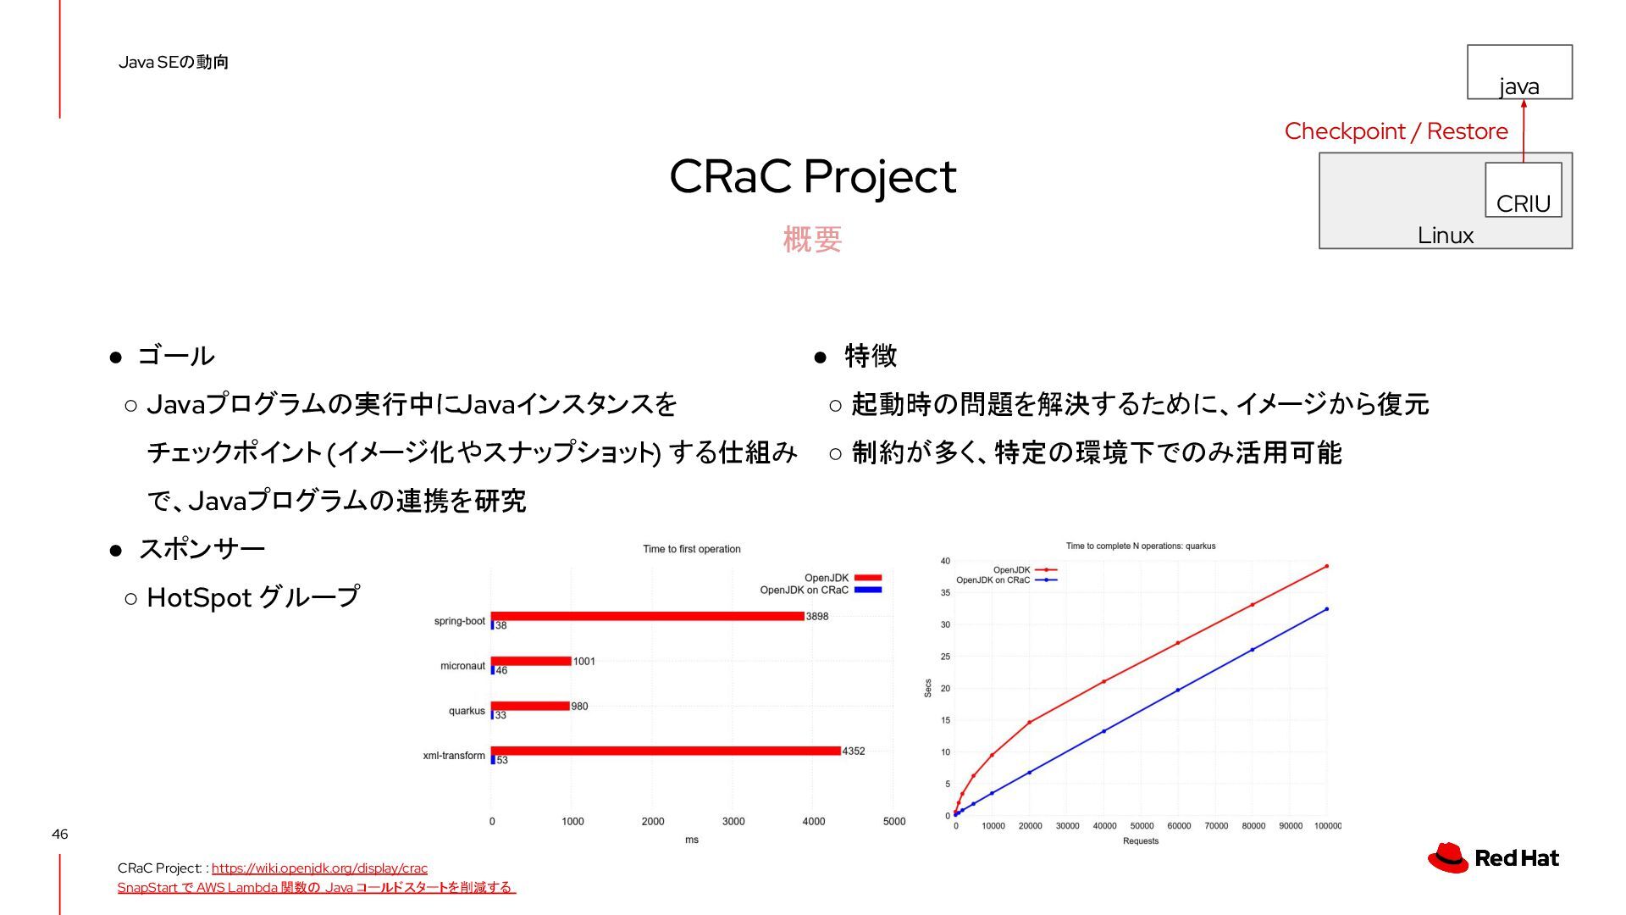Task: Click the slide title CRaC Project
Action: pyautogui.click(x=813, y=177)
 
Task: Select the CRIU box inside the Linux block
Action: pyautogui.click(x=1524, y=190)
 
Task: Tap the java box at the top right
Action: pyautogui.click(x=1520, y=72)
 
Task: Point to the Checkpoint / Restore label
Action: pyautogui.click(x=1396, y=131)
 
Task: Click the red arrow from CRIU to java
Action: pyautogui.click(x=1524, y=131)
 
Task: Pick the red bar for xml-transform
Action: pyautogui.click(x=666, y=751)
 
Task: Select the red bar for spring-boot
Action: pyautogui.click(x=648, y=616)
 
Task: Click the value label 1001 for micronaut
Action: pyautogui.click(x=584, y=662)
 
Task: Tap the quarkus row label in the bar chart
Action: pyautogui.click(x=467, y=711)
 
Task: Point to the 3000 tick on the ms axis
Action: pyautogui.click(x=733, y=821)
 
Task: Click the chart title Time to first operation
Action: pyautogui.click(x=692, y=549)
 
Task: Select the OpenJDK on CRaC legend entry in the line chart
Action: pyautogui.click(x=1006, y=580)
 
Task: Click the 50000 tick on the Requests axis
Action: pyautogui.click(x=1142, y=826)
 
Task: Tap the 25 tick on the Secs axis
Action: pyautogui.click(x=945, y=657)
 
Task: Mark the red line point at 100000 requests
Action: pyautogui.click(x=1326, y=566)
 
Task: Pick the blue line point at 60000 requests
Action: pyautogui.click(x=1178, y=690)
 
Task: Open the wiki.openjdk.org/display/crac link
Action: pyautogui.click(x=319, y=868)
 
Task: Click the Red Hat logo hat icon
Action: pyautogui.click(x=1448, y=857)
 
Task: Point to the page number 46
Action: pyautogui.click(x=59, y=835)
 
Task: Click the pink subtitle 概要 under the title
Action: pyautogui.click(x=813, y=240)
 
